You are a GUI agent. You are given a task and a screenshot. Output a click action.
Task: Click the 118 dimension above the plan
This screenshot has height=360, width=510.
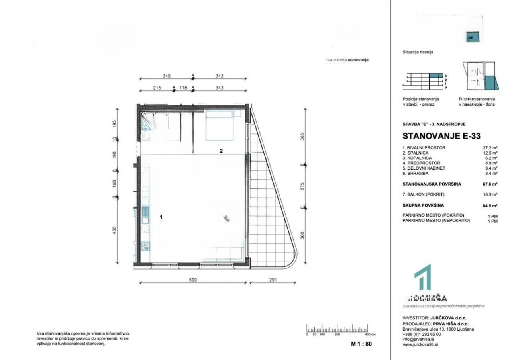point(183,88)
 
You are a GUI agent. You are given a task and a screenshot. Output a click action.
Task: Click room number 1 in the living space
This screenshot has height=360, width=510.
point(161,217)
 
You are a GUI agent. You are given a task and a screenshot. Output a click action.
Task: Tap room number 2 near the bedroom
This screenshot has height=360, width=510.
point(222,151)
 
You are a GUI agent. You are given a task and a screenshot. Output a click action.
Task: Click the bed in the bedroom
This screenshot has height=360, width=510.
point(219,125)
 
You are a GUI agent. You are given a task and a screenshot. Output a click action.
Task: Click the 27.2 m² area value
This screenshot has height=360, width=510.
point(490,148)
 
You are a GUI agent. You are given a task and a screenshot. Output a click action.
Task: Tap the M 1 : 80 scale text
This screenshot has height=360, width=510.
point(361,344)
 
